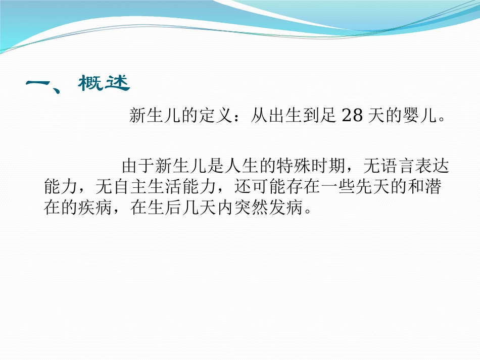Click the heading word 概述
click(x=104, y=84)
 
